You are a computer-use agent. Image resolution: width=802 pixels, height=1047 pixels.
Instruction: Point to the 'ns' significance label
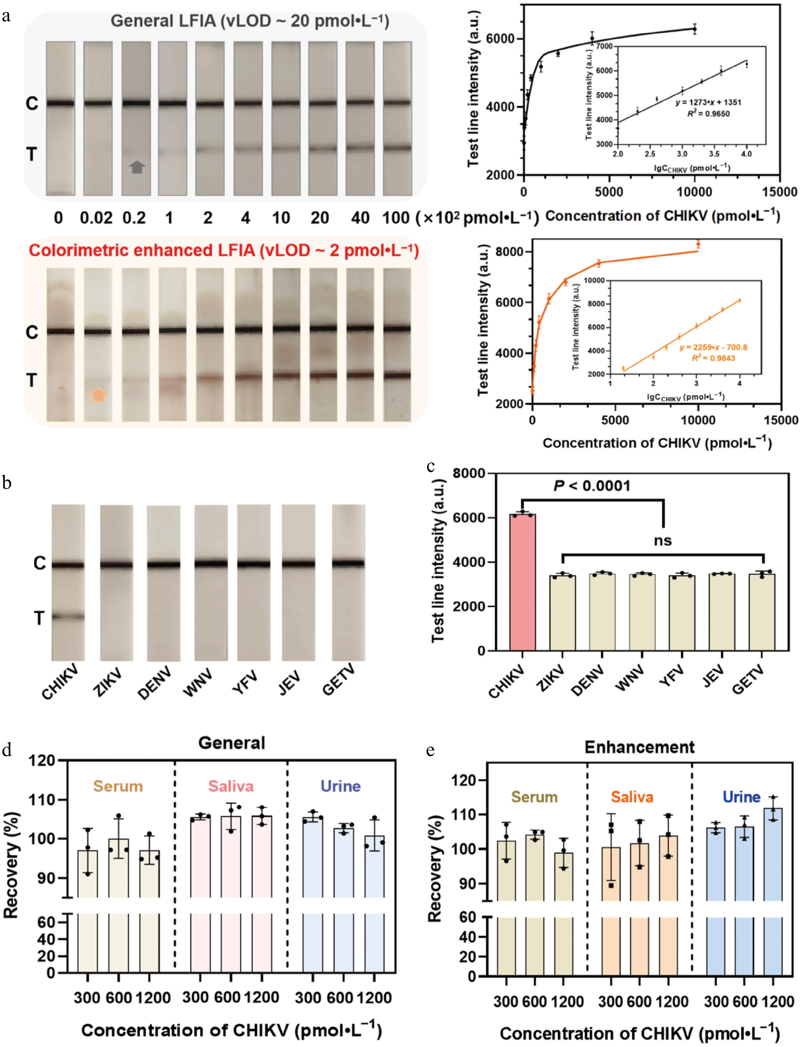(x=663, y=541)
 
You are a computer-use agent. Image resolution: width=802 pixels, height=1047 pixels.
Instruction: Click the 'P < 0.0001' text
(x=592, y=486)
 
